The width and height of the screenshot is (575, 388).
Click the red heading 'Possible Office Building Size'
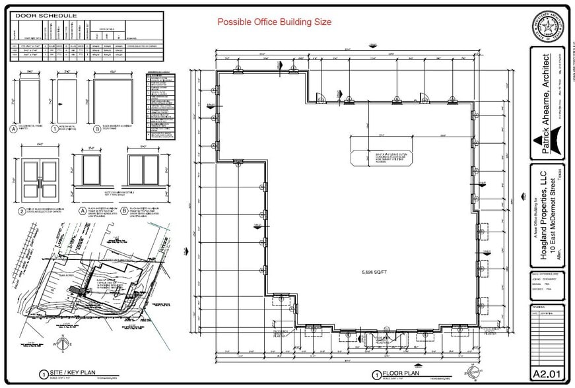[275, 22]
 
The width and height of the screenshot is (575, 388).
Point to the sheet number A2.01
[547, 373]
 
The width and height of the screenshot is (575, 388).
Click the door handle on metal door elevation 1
[61, 102]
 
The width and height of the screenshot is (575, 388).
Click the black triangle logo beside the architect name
[547, 143]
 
